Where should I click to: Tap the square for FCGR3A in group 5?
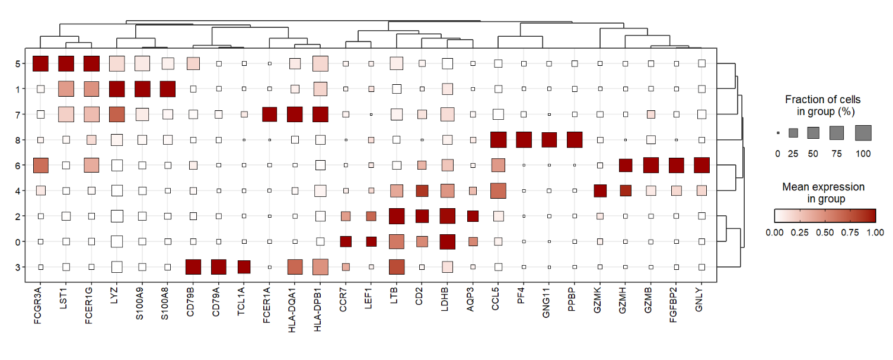coord(41,63)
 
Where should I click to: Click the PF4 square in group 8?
coord(524,140)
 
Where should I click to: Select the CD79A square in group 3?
coord(219,267)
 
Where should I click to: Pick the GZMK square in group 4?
coord(600,191)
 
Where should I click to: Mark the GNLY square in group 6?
coord(701,165)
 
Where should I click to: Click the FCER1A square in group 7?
coord(270,114)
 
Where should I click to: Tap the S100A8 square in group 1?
coord(168,89)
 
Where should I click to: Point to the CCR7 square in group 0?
coord(346,241)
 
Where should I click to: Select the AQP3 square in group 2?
coord(473,216)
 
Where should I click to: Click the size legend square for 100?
coord(863,133)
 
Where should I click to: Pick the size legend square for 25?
coord(793,133)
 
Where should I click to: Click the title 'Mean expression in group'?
coord(823,193)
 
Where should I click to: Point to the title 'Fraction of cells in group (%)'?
coord(822,105)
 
